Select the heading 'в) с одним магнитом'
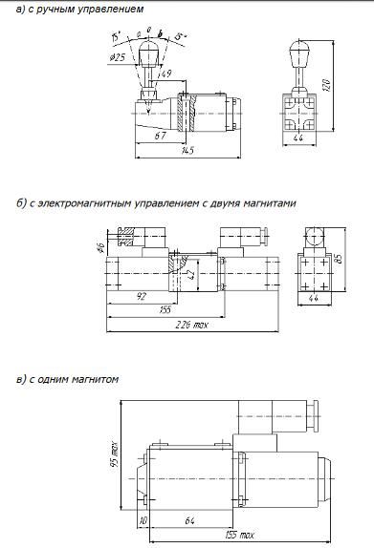click(67, 378)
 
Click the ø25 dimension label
click(119, 58)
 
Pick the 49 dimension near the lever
click(165, 73)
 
